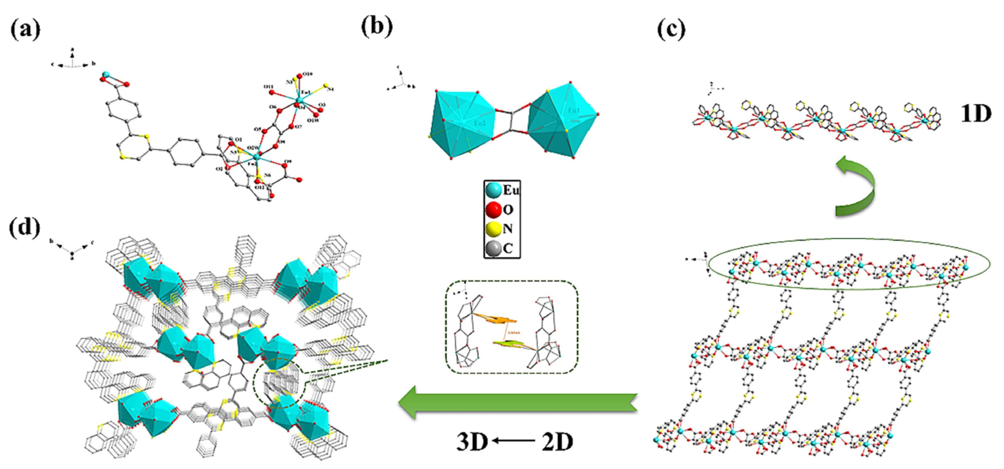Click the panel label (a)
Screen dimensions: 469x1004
25,30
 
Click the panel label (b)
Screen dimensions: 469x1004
376,27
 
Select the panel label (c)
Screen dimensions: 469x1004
671,30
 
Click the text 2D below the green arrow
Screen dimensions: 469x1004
557,442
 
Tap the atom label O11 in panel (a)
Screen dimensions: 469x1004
268,86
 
